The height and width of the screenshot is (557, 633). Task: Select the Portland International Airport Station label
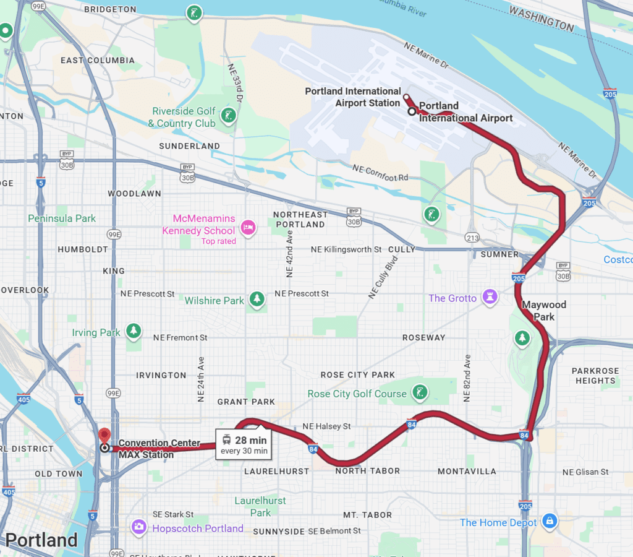[353, 97]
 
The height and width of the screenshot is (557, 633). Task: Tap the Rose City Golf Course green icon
[420, 392]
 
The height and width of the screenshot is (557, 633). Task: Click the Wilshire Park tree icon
[257, 300]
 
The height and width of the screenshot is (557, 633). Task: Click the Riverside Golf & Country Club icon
[229, 116]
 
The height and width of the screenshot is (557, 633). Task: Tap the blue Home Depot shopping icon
[549, 522]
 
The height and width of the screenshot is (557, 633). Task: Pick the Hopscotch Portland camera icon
[139, 527]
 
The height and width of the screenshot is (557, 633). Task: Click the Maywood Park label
[544, 311]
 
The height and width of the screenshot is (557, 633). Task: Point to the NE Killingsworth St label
[346, 249]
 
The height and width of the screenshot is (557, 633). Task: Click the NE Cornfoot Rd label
[380, 173]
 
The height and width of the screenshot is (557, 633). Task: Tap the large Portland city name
[41, 540]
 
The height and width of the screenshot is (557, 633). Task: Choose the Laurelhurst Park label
[260, 506]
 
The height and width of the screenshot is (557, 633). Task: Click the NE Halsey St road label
[326, 426]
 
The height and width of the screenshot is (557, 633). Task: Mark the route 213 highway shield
[472, 238]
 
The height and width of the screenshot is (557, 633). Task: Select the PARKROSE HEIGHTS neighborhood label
[595, 376]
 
